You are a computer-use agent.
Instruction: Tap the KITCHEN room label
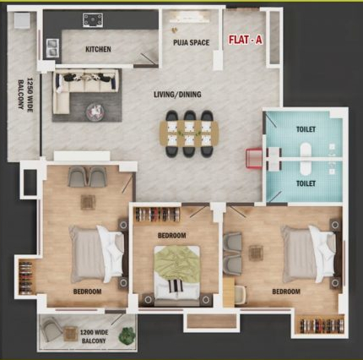[x=98, y=50]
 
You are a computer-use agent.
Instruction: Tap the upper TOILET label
[x=306, y=132]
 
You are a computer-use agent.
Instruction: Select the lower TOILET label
[x=306, y=182]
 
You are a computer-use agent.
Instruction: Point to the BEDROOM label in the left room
[x=87, y=292]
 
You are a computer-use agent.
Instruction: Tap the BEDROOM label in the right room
[x=285, y=292]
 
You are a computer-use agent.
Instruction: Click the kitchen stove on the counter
[x=91, y=19]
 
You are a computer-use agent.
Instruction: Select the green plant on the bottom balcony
[x=127, y=332]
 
